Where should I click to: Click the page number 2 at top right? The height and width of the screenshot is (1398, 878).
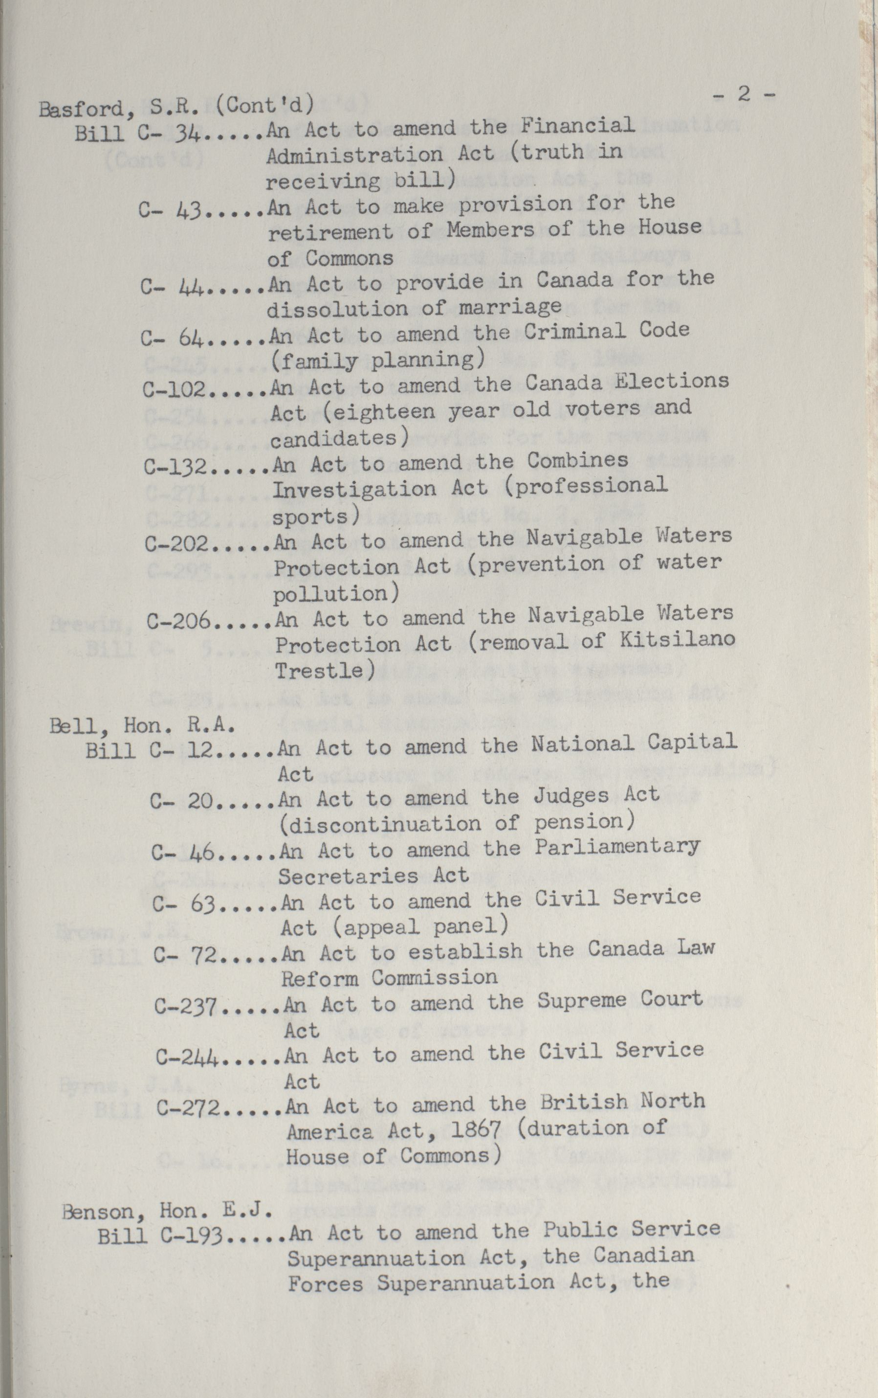tap(743, 94)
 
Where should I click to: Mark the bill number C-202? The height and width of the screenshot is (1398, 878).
tap(177, 543)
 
